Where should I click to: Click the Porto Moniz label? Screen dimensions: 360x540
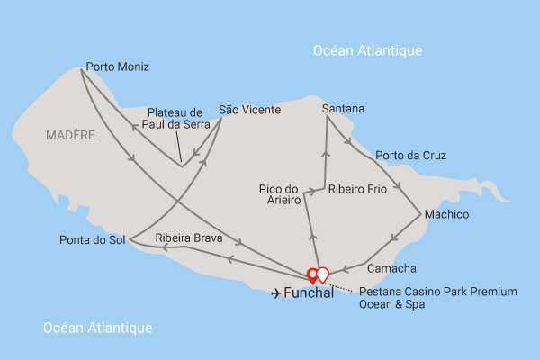117,67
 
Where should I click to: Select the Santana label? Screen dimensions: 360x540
344,109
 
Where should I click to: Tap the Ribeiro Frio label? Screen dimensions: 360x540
357,189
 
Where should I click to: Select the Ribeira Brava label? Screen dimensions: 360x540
190,238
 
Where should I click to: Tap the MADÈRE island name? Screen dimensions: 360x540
70,135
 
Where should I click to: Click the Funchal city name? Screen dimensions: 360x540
309,293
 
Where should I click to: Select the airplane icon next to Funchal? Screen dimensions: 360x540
274,293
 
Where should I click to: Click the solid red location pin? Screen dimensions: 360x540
312,274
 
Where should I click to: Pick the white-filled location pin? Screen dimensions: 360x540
323,274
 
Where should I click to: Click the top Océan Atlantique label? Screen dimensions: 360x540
367,50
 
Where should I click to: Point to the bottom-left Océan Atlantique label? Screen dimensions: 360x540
98,328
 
